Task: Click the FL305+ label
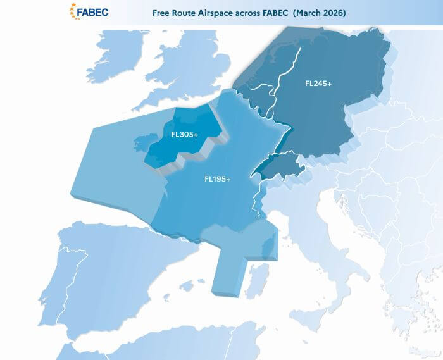coord(185,134)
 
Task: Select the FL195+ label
coord(217,179)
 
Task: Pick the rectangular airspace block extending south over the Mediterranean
coord(228,272)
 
